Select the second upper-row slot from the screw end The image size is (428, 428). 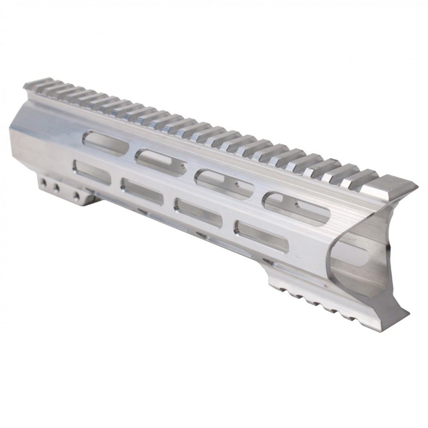161,161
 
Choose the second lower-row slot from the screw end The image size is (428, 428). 142,191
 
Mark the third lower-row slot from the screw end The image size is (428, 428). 198,212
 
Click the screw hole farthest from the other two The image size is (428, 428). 76,196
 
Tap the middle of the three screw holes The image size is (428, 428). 55,187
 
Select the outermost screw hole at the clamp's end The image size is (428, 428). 43,183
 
